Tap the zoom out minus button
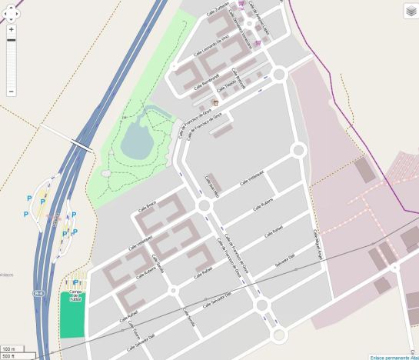(x=11, y=92)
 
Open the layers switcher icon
(x=411, y=10)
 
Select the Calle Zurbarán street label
(x=218, y=7)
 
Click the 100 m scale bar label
(x=9, y=348)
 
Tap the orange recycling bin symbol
(x=216, y=102)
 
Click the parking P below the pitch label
(x=75, y=282)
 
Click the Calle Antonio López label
(x=256, y=17)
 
